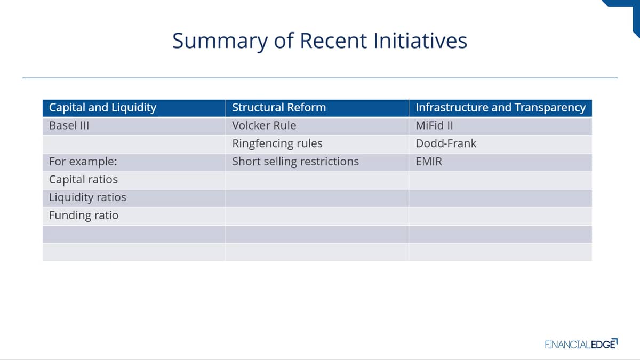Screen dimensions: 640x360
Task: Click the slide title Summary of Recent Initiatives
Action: click(x=319, y=41)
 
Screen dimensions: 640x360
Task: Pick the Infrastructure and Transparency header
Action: click(x=501, y=108)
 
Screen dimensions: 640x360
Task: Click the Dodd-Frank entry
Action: click(x=446, y=143)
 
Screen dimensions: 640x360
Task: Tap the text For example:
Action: click(x=83, y=162)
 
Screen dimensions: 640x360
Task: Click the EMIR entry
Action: click(x=429, y=162)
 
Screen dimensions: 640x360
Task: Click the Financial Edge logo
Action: click(x=581, y=344)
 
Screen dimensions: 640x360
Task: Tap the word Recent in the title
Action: click(x=333, y=41)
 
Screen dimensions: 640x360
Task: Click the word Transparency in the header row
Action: click(x=550, y=108)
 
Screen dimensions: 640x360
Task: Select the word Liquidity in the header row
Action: click(x=134, y=108)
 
